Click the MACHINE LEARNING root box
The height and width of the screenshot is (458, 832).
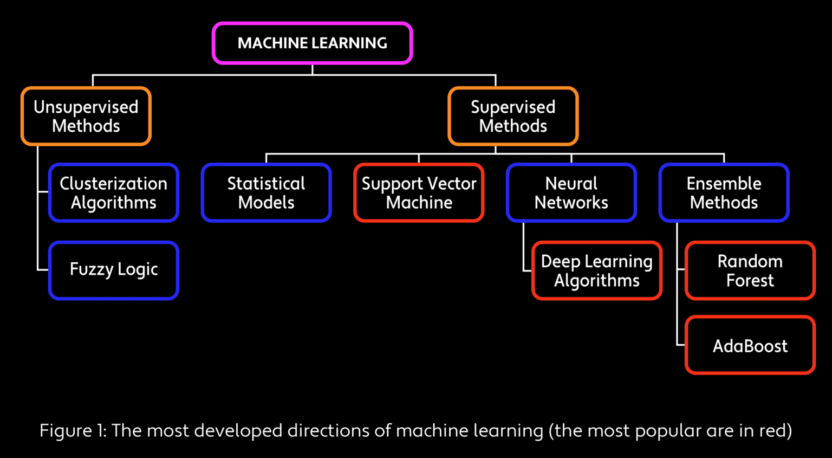pyautogui.click(x=312, y=43)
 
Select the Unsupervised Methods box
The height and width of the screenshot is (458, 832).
pyautogui.click(x=86, y=117)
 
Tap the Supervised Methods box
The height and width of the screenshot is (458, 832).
pyautogui.click(x=513, y=117)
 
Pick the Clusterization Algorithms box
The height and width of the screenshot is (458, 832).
pyautogui.click(x=114, y=193)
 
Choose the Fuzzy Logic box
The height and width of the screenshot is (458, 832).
pyautogui.click(x=114, y=270)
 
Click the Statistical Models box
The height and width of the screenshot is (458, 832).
pyautogui.click(x=266, y=193)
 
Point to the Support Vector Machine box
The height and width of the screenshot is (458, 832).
pyautogui.click(x=419, y=193)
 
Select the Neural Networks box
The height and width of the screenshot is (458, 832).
pyautogui.click(x=571, y=193)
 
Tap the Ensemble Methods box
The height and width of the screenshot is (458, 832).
pyautogui.click(x=724, y=193)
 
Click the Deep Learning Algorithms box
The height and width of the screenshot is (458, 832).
pyautogui.click(x=597, y=270)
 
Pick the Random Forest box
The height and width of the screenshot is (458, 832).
pyautogui.click(x=750, y=270)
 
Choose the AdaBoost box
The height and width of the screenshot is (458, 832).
pyautogui.click(x=750, y=345)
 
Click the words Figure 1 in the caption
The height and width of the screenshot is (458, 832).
pyautogui.click(x=73, y=431)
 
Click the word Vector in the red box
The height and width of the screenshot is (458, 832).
pyautogui.click(x=452, y=184)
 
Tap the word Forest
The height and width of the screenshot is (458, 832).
pyautogui.click(x=750, y=280)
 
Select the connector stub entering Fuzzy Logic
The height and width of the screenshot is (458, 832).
pyautogui.click(x=43, y=269)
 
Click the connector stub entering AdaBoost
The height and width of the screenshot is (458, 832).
pyautogui.click(x=681, y=345)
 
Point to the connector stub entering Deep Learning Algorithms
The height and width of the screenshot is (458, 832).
pyautogui.click(x=528, y=270)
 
